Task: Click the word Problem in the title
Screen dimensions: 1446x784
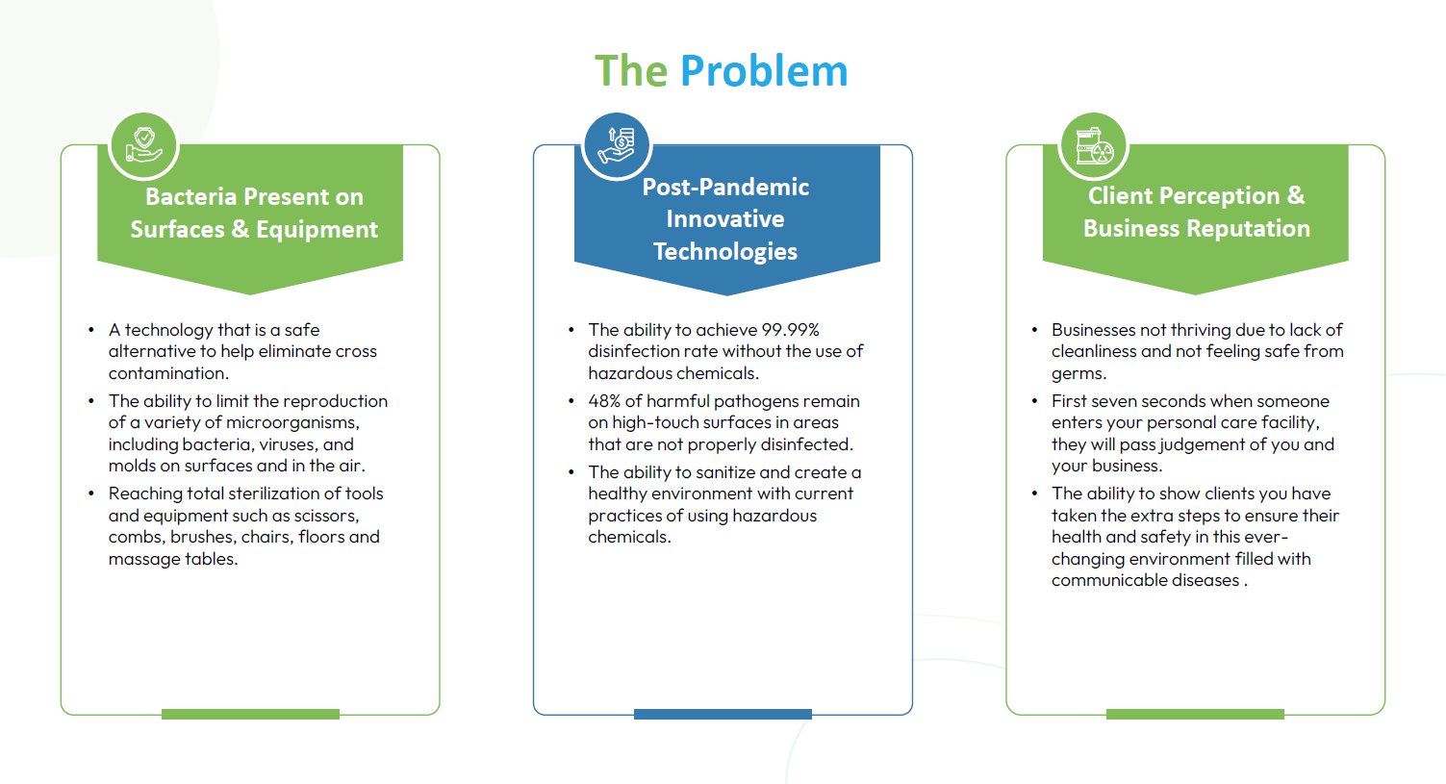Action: pos(764,70)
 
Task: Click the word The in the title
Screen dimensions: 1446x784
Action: pos(631,70)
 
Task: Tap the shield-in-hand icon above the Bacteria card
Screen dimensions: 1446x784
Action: pos(143,145)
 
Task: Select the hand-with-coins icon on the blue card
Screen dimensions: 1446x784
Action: pos(617,145)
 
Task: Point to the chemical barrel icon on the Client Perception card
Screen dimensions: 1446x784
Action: pos(1093,145)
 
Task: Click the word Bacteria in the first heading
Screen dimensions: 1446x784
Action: pos(191,197)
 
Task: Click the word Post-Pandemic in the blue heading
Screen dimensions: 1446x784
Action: pos(725,188)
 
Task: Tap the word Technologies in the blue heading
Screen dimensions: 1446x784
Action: pos(725,252)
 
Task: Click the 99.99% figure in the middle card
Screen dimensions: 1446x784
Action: pos(790,330)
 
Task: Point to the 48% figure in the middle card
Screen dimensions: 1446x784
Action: pos(603,401)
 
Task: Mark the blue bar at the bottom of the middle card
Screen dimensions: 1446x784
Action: pos(723,714)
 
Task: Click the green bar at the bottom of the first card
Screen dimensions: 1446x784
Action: pos(250,714)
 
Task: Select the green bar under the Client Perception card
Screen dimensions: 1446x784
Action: pos(1195,714)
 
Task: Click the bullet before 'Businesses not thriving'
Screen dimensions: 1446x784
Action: pos(1035,330)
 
